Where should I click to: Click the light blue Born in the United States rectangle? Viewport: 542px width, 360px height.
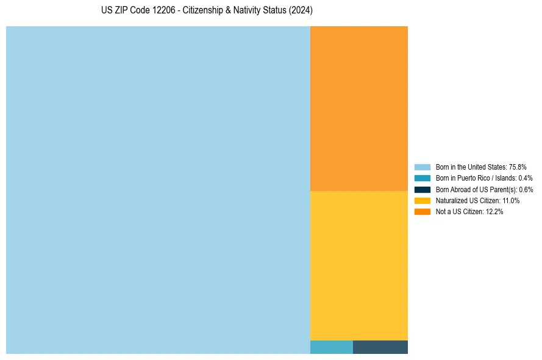tap(158, 190)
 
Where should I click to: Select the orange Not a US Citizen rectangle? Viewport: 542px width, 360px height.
tap(358, 109)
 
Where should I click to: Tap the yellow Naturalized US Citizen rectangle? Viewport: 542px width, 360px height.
tap(358, 265)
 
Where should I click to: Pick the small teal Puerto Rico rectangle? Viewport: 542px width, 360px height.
tap(331, 347)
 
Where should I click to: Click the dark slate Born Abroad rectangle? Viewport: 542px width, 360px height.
tap(380, 347)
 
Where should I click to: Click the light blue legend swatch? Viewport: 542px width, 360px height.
tap(422, 167)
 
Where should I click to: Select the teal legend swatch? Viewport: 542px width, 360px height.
tap(422, 178)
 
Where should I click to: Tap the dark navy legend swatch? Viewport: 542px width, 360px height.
tap(422, 189)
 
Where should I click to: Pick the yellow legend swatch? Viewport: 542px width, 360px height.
tap(422, 200)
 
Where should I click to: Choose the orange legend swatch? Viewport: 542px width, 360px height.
tap(422, 212)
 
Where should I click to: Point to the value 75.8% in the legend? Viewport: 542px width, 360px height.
tap(518, 167)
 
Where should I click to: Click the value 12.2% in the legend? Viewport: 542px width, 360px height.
tap(494, 212)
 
